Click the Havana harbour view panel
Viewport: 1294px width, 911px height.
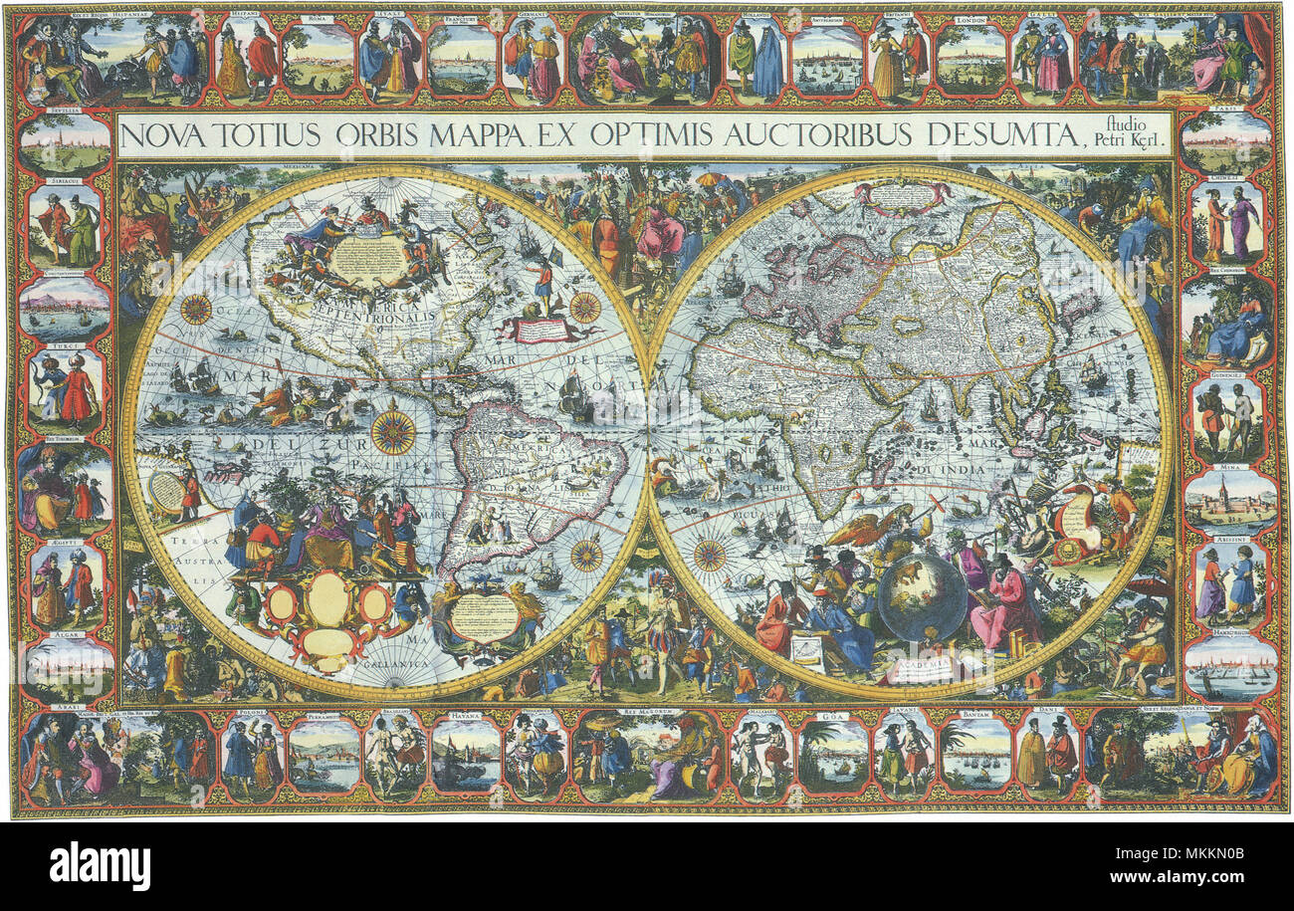tap(465, 757)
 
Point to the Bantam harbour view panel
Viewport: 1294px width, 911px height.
tap(975, 757)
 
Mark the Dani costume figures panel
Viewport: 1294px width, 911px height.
tap(1046, 757)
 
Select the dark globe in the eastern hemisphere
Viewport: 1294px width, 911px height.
tap(922, 597)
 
